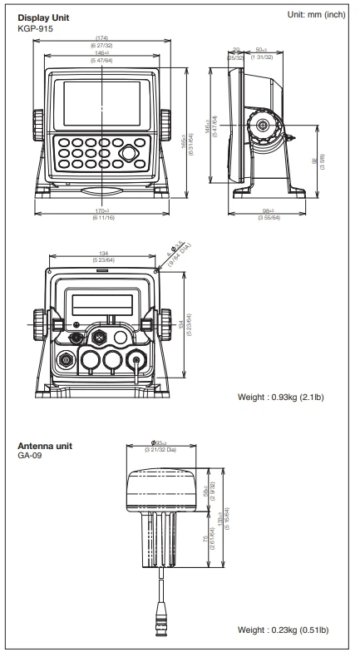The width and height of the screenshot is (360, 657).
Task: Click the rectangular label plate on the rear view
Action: pyautogui.click(x=101, y=304)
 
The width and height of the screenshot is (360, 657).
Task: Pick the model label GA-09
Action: pyautogui.click(x=28, y=457)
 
